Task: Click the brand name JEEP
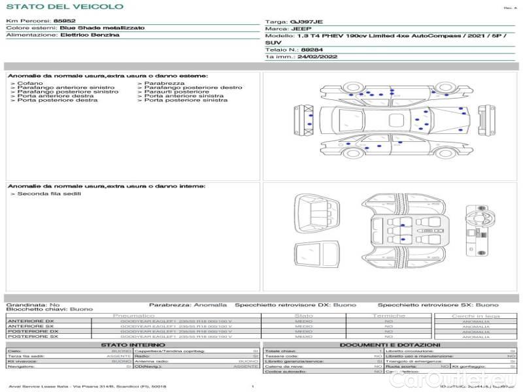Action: [x=301, y=29]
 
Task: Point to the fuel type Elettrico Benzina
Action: [x=90, y=35]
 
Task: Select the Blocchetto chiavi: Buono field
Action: [x=50, y=309]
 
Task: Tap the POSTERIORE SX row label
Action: [x=32, y=336]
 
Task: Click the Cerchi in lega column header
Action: [x=476, y=316]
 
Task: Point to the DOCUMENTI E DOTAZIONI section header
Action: [x=390, y=344]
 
